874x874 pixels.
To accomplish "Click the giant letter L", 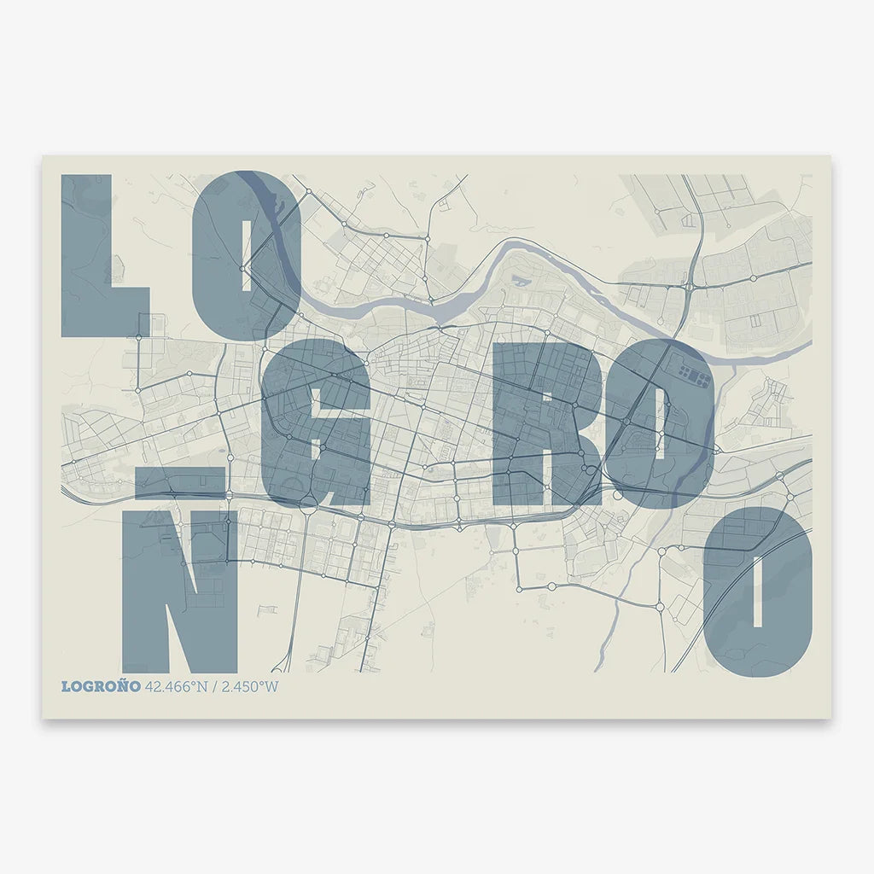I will coord(86,256).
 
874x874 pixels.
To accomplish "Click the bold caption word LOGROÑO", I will coord(101,687).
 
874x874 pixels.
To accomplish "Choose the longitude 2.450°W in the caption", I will coord(249,687).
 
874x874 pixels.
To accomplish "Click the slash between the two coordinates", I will coord(215,687).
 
